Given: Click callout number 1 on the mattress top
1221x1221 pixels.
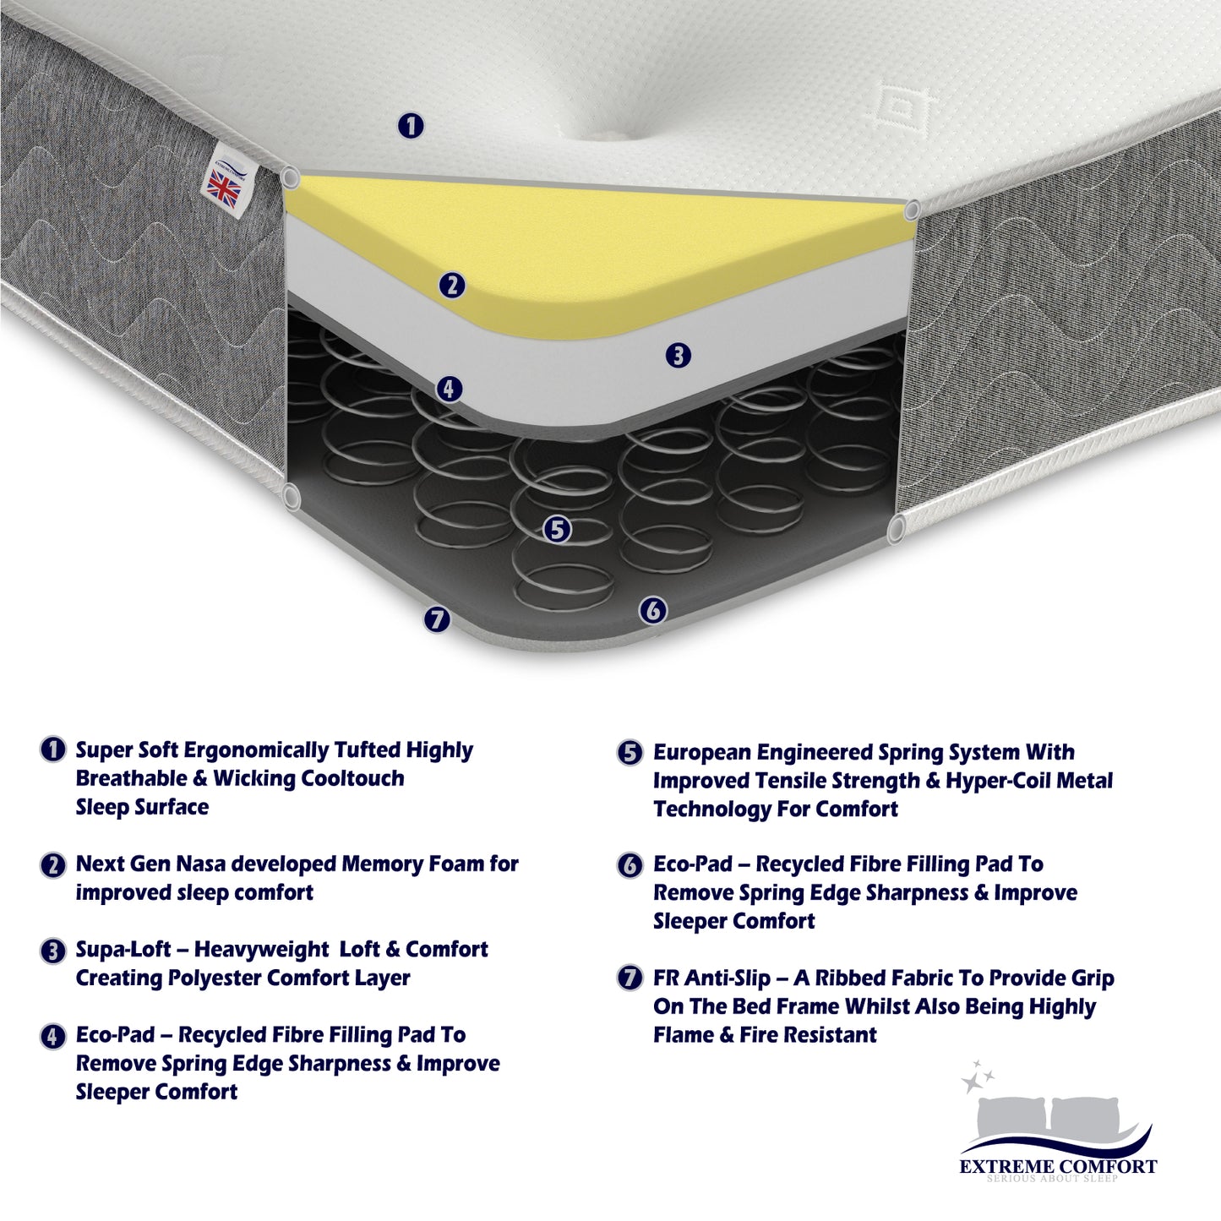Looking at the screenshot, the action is [x=411, y=125].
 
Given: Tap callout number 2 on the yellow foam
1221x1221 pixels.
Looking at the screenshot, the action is [x=452, y=285].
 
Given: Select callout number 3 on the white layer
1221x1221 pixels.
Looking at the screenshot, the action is [x=678, y=356].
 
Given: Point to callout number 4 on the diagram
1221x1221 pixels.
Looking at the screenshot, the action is [x=450, y=389].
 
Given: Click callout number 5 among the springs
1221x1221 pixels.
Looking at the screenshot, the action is [x=558, y=529].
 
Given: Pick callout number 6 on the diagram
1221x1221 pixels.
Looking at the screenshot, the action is [x=653, y=611].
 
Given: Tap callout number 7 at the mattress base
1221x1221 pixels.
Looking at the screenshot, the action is [x=437, y=619].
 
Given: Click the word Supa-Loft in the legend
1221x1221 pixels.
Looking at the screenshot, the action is [x=123, y=949].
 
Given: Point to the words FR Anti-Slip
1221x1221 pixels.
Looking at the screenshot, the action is [x=712, y=978].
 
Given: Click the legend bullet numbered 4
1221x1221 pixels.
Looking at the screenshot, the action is [x=52, y=1037].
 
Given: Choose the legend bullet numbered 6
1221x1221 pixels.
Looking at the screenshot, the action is [x=630, y=865].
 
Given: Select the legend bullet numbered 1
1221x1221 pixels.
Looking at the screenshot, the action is [x=52, y=749].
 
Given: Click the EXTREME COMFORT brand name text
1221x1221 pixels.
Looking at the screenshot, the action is [x=1058, y=1167].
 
